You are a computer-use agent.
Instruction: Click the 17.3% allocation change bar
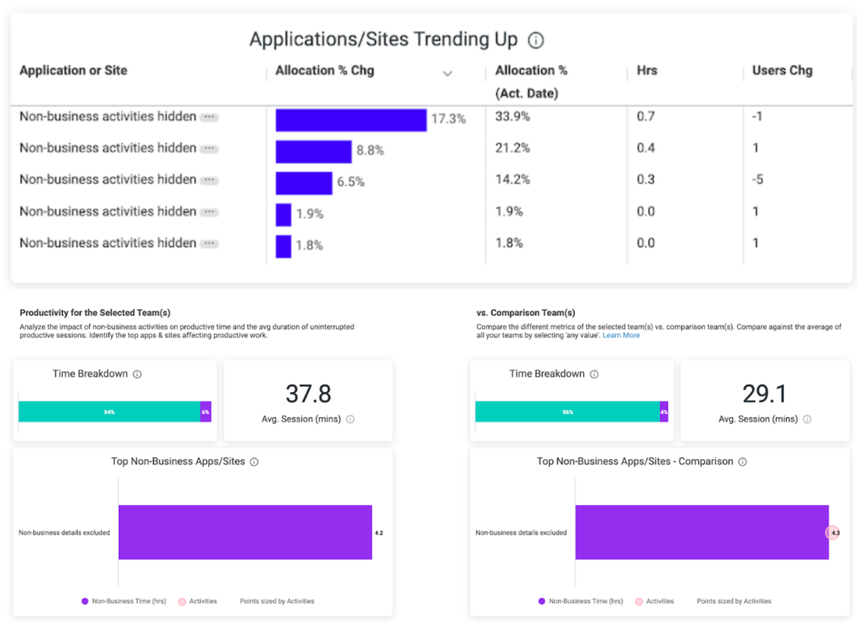pyautogui.click(x=351, y=120)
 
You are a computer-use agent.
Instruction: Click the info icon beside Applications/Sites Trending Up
pyautogui.click(x=536, y=40)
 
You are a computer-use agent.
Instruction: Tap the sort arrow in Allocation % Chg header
pyautogui.click(x=447, y=74)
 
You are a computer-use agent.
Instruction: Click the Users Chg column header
pyautogui.click(x=782, y=70)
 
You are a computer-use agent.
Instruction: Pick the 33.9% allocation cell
pyautogui.click(x=512, y=116)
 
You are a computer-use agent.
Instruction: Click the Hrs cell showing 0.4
pyautogui.click(x=645, y=148)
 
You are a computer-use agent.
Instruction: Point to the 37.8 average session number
pyautogui.click(x=308, y=394)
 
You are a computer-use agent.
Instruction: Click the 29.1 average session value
pyautogui.click(x=765, y=394)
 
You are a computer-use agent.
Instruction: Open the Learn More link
pyautogui.click(x=621, y=335)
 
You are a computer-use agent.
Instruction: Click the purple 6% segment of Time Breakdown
pyautogui.click(x=206, y=412)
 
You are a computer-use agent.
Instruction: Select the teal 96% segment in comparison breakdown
pyautogui.click(x=567, y=412)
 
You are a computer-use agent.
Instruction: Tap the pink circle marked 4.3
pyautogui.click(x=833, y=533)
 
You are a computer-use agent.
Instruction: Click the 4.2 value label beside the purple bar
pyautogui.click(x=378, y=533)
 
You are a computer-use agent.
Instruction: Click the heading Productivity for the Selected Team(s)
pyautogui.click(x=95, y=313)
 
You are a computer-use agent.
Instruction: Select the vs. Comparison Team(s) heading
pyautogui.click(x=526, y=313)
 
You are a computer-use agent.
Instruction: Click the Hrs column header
pyautogui.click(x=646, y=70)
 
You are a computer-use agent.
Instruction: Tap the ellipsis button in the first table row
pyautogui.click(x=209, y=118)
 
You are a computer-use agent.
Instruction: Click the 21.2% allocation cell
pyautogui.click(x=512, y=148)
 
